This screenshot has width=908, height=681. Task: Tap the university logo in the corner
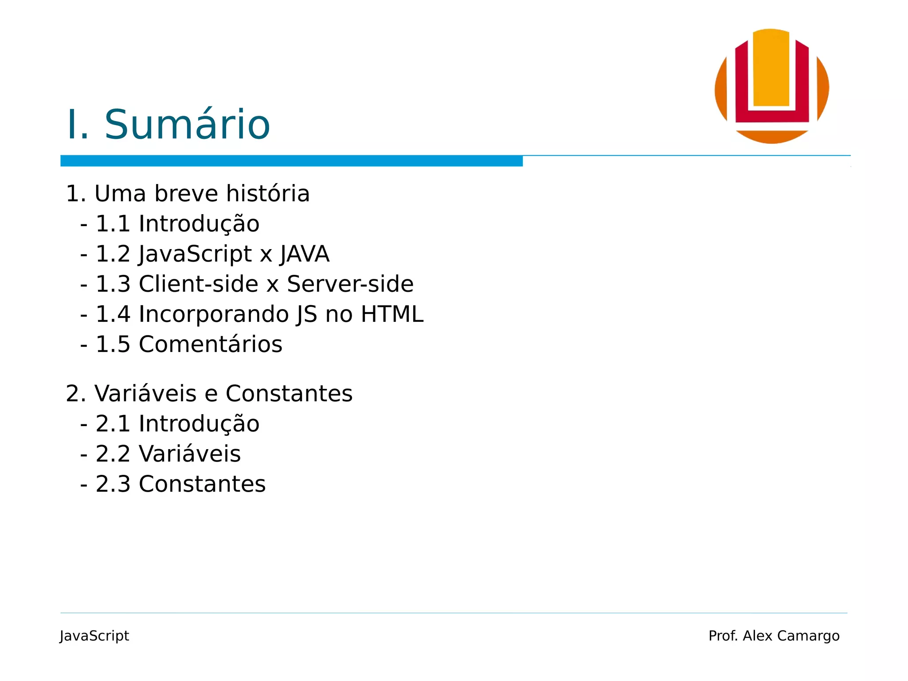(771, 86)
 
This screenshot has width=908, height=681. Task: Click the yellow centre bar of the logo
(771, 69)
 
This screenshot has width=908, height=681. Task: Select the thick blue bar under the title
(291, 161)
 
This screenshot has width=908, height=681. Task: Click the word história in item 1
(267, 194)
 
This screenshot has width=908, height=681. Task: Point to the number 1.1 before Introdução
(113, 223)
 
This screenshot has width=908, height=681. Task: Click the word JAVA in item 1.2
(305, 254)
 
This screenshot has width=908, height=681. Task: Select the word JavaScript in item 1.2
(196, 254)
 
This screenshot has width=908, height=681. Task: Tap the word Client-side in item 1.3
(198, 284)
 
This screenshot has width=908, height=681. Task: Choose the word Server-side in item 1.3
(350, 284)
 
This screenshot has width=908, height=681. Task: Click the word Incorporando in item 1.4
(214, 314)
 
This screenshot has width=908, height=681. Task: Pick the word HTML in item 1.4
(392, 314)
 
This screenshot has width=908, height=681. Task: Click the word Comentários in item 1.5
(210, 344)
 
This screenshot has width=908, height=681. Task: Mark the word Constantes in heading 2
(289, 394)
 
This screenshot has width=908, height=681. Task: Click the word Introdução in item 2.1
(199, 424)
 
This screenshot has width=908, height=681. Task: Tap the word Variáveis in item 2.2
(190, 454)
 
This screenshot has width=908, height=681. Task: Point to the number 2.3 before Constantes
(113, 484)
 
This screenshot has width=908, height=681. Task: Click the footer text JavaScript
(94, 636)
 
